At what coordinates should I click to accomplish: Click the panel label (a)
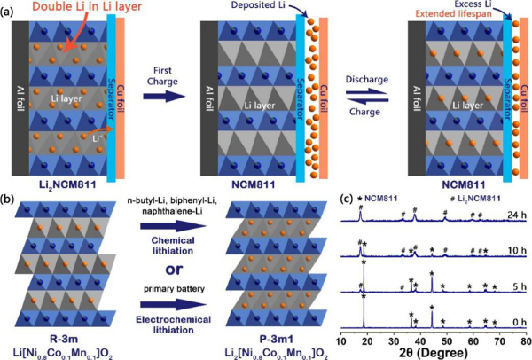[x=8, y=8]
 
